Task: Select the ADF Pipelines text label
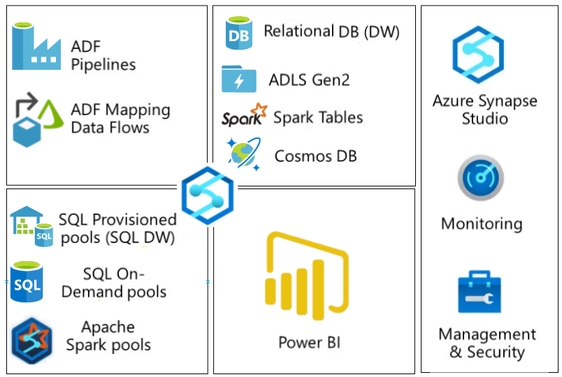[103, 56]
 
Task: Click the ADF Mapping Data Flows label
[120, 119]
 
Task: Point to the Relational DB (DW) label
[331, 31]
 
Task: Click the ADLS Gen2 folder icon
[238, 79]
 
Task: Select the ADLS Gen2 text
[309, 80]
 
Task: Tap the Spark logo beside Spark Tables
[244, 116]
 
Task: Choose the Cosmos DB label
[315, 155]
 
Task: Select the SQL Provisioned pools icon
[31, 226]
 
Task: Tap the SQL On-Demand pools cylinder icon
[27, 281]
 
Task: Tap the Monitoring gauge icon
[481, 179]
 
